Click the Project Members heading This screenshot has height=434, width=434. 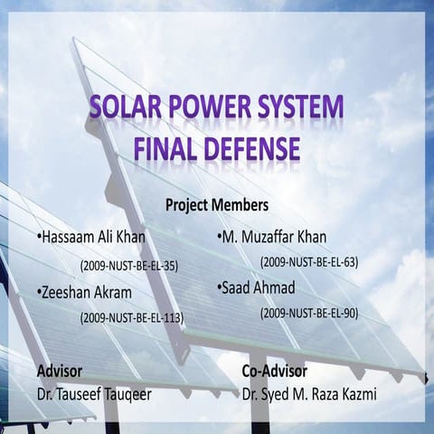click(217, 204)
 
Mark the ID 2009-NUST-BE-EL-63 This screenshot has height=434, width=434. click(309, 262)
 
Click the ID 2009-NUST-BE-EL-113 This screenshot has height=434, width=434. click(131, 317)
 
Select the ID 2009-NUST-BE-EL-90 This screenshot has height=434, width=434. click(309, 313)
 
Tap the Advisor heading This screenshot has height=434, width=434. click(60, 371)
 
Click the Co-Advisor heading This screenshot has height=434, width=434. click(275, 371)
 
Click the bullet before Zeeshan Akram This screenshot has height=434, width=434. click(39, 293)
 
